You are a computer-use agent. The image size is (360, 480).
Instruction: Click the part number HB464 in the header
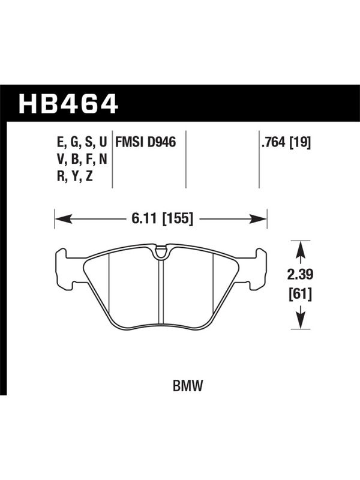68,103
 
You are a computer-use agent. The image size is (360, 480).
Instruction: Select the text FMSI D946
145,142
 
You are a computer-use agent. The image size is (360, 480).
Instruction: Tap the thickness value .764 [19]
286,142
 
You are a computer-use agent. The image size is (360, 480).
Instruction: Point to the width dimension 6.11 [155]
163,219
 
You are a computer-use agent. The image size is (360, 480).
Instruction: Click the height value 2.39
300,275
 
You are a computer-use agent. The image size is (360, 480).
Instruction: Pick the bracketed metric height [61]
301,295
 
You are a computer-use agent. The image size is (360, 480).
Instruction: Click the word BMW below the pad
188,386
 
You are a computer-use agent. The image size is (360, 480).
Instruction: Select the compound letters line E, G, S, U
82,143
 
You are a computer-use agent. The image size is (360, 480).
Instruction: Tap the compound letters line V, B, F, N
82,160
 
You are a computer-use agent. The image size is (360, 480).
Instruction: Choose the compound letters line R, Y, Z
74,176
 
